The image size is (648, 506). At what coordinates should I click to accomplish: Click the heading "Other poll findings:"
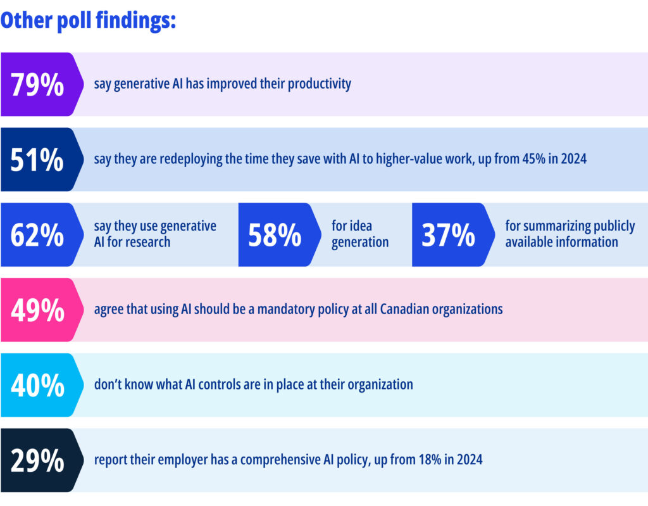(88, 20)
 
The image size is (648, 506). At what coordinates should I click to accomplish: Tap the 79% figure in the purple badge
(37, 85)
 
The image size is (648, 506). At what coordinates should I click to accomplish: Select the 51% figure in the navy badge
(37, 160)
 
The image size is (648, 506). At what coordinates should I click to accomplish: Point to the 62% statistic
(37, 235)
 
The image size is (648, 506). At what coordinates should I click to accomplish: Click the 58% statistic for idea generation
(275, 235)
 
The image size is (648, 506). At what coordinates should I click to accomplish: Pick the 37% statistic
(449, 235)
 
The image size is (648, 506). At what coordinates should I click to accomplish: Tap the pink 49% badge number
(37, 310)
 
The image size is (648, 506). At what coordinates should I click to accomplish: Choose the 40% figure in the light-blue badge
(37, 385)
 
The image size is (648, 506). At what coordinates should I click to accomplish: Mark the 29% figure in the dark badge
(37, 460)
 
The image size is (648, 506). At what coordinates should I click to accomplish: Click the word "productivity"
(319, 84)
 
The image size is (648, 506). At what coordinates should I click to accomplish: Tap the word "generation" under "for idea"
(360, 242)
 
